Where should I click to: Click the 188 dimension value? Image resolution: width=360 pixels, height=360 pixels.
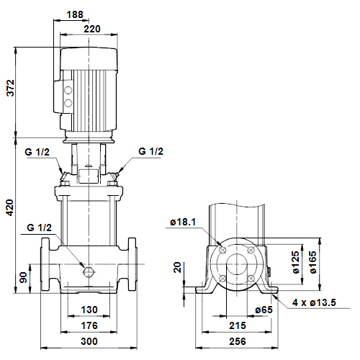click(75, 14)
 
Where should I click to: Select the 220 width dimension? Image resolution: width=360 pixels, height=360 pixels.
click(92, 29)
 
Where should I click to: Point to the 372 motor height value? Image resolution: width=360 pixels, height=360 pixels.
click(11, 88)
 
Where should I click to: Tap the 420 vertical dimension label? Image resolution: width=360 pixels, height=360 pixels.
click(9, 207)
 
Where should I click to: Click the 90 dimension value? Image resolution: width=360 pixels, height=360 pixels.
click(23, 277)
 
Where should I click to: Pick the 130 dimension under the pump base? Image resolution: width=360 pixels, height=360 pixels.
click(89, 310)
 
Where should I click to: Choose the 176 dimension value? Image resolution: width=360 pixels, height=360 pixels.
click(89, 325)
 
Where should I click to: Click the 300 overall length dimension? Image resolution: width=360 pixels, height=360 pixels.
click(89, 341)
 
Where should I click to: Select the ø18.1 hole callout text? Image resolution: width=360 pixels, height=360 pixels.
click(183, 222)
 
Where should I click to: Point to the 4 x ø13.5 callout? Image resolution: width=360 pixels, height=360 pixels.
click(314, 302)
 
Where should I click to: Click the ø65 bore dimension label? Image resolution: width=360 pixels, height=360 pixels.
click(264, 310)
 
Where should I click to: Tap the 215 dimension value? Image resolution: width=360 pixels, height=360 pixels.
click(238, 325)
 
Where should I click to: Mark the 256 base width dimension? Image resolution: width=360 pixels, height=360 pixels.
click(238, 341)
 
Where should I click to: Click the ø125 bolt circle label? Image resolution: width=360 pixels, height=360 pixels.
click(296, 262)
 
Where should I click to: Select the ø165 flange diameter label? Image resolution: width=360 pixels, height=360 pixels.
click(312, 262)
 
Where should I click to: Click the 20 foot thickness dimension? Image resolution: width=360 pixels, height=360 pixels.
click(177, 267)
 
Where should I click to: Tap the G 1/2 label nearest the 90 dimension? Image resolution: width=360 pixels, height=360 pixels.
click(39, 228)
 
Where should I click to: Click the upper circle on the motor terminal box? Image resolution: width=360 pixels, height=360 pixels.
click(68, 90)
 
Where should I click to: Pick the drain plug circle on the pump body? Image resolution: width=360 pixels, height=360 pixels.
click(89, 271)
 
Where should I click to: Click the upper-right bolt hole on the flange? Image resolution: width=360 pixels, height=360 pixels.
click(251, 250)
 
